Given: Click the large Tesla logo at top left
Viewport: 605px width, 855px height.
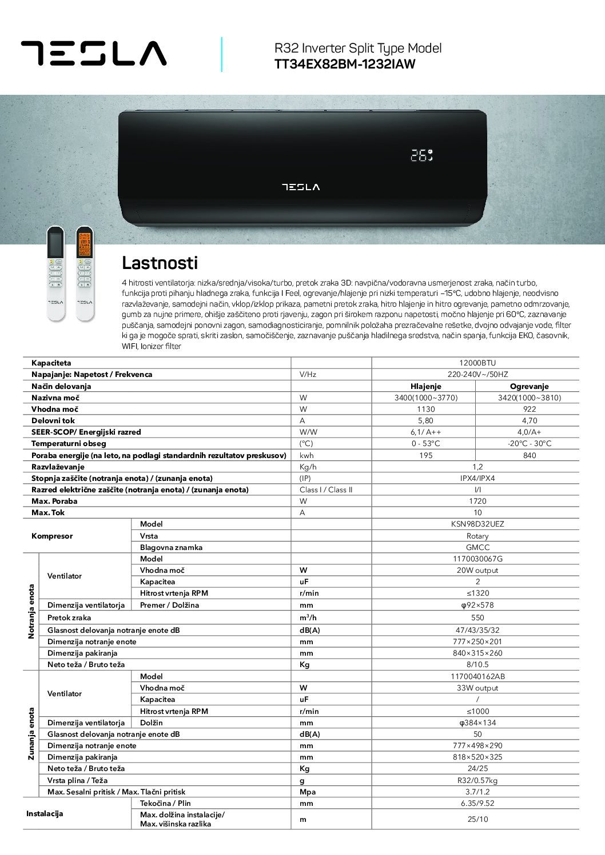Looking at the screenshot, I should point(94,53).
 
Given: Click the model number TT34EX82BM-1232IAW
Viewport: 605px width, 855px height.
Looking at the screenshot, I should point(345,64).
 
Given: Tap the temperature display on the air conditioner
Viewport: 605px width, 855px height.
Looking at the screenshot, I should point(421,155).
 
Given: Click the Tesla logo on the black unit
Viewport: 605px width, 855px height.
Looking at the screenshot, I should point(301,187).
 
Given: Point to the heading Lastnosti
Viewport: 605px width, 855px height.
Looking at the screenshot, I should point(160,263).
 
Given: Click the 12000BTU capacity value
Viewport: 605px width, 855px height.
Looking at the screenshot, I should point(477,363).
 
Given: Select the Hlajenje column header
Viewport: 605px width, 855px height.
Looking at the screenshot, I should point(425,386).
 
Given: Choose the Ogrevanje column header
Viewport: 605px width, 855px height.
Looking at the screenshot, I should point(529,386).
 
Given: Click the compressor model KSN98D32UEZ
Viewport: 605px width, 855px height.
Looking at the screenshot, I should point(477,524).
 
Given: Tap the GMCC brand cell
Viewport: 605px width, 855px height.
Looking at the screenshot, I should point(477,547).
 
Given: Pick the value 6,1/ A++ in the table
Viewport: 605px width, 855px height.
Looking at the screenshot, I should point(425,432).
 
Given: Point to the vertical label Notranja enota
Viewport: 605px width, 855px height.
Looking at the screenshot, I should point(31,611).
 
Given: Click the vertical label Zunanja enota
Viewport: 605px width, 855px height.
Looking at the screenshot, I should point(31,734).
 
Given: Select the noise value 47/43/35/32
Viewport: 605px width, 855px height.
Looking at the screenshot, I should point(477,630).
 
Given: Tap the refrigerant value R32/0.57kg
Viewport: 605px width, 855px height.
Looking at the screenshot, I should point(477,780).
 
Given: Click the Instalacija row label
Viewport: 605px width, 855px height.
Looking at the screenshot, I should point(45,813).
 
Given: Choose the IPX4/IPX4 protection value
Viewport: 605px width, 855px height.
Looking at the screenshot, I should point(477,478).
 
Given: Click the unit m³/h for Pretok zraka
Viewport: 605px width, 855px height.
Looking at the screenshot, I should point(308,617).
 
